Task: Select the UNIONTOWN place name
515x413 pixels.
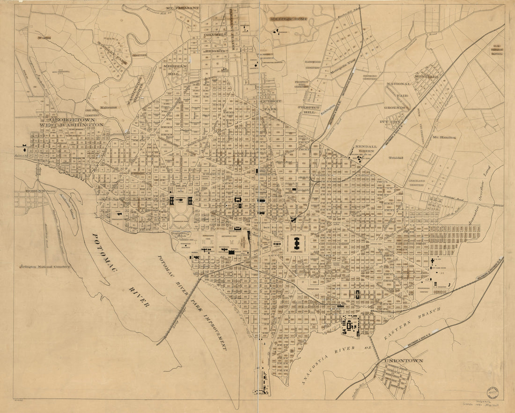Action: coord(403,361)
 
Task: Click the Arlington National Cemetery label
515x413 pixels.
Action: coord(45,267)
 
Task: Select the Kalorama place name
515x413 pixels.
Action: coord(107,107)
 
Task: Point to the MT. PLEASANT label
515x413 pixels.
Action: coord(182,8)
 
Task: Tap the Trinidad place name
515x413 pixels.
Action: coord(395,158)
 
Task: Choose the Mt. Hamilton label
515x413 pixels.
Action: coord(444,137)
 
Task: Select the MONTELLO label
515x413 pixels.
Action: coord(426,76)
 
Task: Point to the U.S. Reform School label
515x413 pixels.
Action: coord(497,50)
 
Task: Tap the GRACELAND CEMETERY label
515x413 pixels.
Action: coord(420,183)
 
